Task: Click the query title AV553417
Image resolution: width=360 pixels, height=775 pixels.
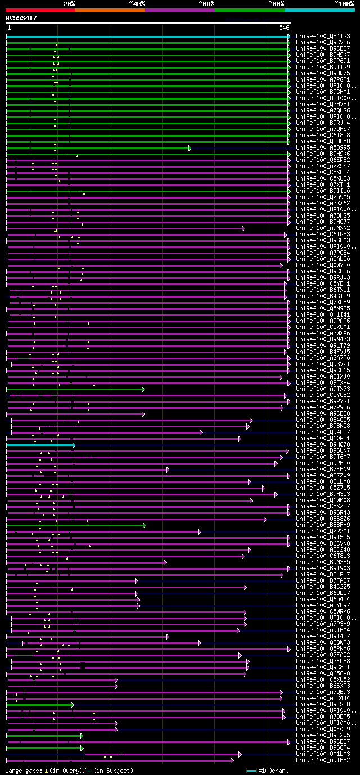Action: pos(21,18)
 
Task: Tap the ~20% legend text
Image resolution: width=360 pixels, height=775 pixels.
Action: pos(69,4)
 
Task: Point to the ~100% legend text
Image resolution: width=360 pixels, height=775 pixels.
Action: pos(344,4)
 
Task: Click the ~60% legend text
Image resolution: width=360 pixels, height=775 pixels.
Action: pos(206,4)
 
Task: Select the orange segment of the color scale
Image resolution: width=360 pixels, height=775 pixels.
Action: pos(110,10)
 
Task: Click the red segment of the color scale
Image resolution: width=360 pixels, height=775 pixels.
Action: pos(40,10)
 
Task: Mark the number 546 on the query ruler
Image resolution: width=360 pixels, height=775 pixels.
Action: pos(284,28)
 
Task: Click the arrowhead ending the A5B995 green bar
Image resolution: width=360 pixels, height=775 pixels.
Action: pos(190,148)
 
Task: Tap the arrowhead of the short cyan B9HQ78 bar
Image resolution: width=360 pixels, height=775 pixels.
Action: pos(74,445)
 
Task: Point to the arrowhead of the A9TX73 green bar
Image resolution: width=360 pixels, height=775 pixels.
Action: pos(143,389)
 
